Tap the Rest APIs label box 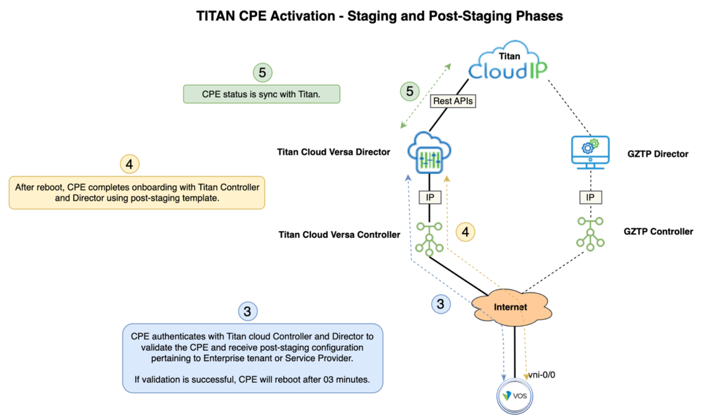[453, 101]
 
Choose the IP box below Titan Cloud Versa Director [429, 197]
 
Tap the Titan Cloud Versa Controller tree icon [429, 239]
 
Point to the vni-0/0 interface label [543, 375]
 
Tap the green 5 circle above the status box [263, 72]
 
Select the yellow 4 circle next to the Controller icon [465, 232]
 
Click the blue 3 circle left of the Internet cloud [441, 304]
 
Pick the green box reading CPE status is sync [261, 95]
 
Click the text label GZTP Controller [658, 231]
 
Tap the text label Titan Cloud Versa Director [334, 151]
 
